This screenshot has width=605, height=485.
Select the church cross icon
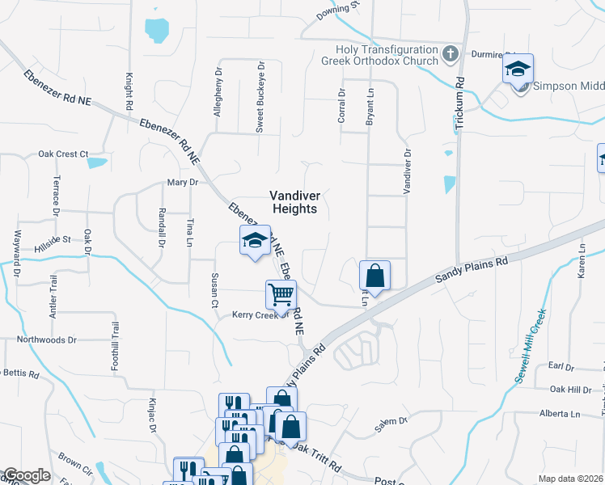pos(451,54)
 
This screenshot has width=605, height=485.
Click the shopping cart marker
pos(281,295)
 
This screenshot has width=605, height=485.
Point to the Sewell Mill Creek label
pos(530,346)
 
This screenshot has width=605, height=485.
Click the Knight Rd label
pos(129,91)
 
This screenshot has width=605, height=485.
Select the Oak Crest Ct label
pos(63,154)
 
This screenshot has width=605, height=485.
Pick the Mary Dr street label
pos(183,183)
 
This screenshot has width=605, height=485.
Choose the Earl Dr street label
pos(561,367)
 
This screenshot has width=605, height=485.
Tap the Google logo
pos(25,475)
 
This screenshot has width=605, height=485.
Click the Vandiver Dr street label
pos(408,170)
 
